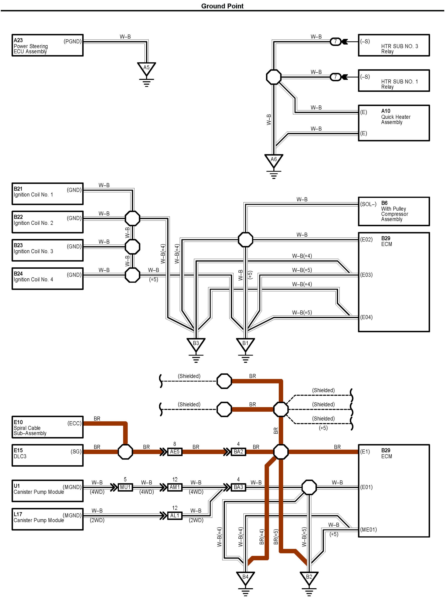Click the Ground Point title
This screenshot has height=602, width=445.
point(222,6)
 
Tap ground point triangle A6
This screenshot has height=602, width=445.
point(273,160)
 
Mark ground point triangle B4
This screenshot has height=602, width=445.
point(245,578)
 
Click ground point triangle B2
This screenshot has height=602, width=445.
point(309,578)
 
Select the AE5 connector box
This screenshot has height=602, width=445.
point(175,452)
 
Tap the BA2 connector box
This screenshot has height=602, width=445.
point(238,452)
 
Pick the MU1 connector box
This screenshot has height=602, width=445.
point(125,487)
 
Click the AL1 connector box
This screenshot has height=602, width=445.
point(175,515)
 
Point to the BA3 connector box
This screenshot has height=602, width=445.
point(238,487)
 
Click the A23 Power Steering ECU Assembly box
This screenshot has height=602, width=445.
point(47,45)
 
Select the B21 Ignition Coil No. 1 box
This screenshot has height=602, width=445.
point(47,194)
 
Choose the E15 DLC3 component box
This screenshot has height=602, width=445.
point(47,455)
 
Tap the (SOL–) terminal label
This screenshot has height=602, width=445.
point(368,204)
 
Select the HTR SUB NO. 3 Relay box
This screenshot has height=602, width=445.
point(394,45)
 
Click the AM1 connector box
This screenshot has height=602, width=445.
point(175,487)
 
